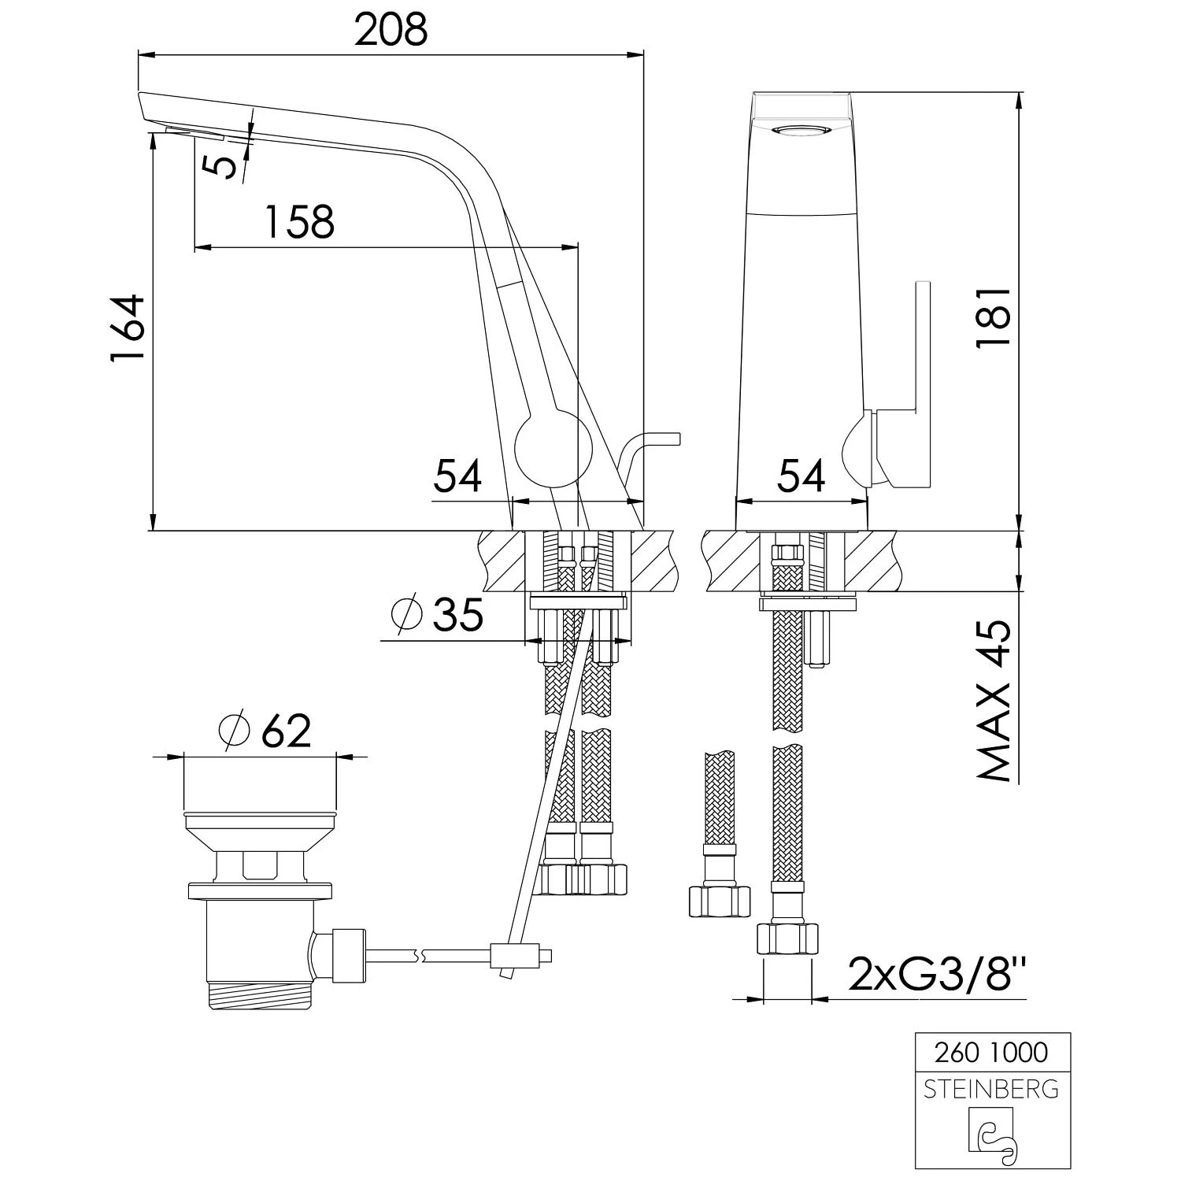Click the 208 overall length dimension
[391, 30]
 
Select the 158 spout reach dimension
[299, 222]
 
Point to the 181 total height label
[992, 317]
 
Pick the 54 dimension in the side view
[458, 476]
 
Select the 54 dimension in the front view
[802, 476]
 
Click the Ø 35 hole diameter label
[438, 614]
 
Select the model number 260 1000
[990, 1052]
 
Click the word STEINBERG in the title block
[990, 1090]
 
